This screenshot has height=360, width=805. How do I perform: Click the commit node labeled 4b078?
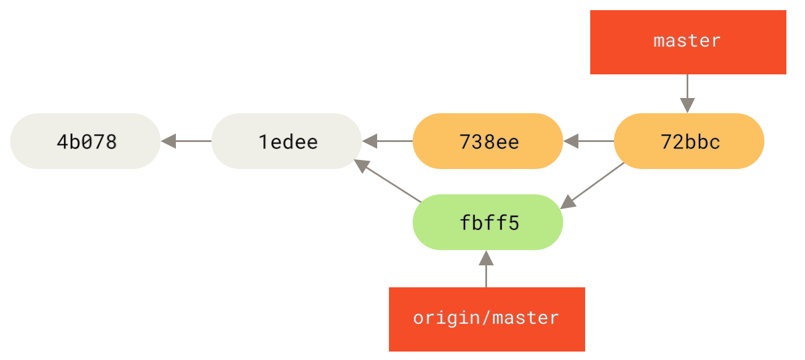pyautogui.click(x=85, y=141)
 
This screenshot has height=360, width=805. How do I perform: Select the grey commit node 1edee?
pyautogui.click(x=286, y=141)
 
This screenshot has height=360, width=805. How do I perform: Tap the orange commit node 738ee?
pyautogui.click(x=488, y=141)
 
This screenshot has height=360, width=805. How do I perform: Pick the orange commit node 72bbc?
pyautogui.click(x=689, y=141)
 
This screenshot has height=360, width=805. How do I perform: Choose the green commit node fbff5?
pyautogui.click(x=488, y=223)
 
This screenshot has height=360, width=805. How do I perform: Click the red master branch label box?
pyautogui.click(x=688, y=42)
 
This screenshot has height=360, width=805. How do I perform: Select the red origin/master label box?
pyautogui.click(x=486, y=319)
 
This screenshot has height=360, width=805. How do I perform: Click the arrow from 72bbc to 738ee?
pyautogui.click(x=589, y=141)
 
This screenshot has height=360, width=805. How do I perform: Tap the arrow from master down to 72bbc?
pyautogui.click(x=687, y=93)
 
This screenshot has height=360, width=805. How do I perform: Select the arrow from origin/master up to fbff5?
pyautogui.click(x=486, y=269)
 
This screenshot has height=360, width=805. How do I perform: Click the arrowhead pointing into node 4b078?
pyautogui.click(x=168, y=141)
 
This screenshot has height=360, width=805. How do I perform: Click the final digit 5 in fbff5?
pyautogui.click(x=512, y=223)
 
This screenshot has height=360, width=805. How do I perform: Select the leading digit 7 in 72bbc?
pyautogui.click(x=666, y=142)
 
